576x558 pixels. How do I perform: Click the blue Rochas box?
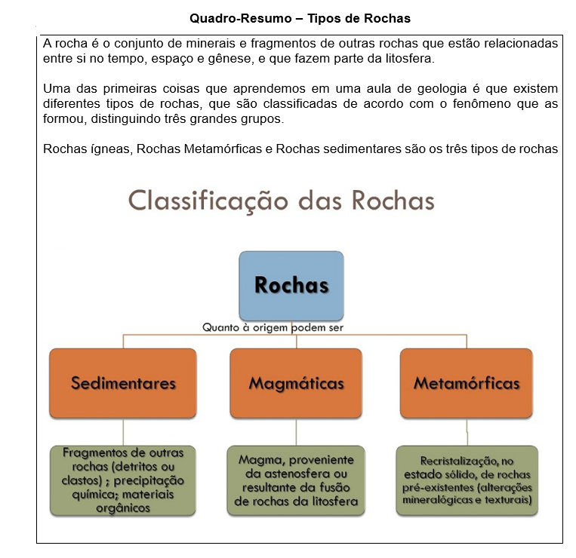pos(291,286)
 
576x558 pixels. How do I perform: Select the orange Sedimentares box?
pos(123,383)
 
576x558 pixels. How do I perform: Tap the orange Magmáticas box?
pos(296,383)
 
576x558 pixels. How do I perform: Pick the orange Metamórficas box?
pos(467,383)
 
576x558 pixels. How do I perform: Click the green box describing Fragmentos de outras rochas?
pos(123,480)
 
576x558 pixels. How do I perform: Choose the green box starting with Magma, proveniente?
pos(296,480)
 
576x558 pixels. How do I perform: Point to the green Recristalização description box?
pos(467,480)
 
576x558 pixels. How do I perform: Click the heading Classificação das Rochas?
pos(282,201)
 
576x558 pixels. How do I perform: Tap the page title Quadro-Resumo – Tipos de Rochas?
pos(300,18)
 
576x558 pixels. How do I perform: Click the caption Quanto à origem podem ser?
pos(273,327)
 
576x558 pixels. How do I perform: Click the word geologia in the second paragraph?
pos(442,89)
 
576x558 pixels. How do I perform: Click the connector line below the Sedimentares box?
pos(123,432)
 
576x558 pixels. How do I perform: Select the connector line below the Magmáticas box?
pos(296,432)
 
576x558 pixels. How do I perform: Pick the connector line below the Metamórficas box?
pos(467,432)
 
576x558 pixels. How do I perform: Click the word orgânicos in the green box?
pos(123,508)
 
